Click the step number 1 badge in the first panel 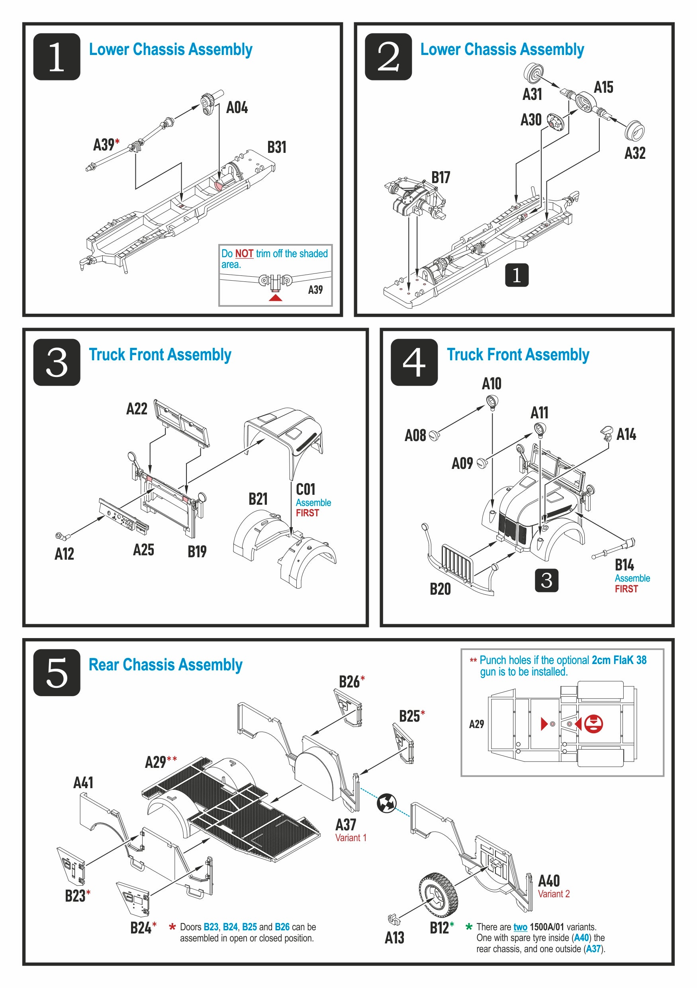(57, 57)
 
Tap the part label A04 (237, 107)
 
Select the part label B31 (276, 147)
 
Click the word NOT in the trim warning (244, 254)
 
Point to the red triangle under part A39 (276, 298)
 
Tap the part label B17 (441, 177)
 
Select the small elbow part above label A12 (63, 535)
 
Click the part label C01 (305, 489)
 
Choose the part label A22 (137, 408)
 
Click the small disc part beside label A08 (435, 435)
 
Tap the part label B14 (624, 564)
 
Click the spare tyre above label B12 (438, 896)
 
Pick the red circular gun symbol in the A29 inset (593, 723)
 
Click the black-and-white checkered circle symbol (386, 803)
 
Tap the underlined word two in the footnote (520, 927)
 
